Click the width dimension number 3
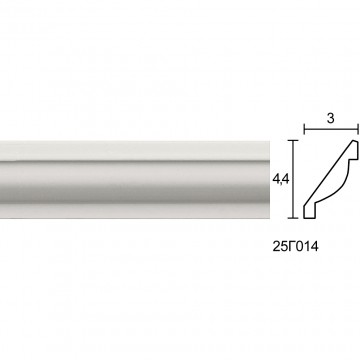click(x=330, y=118)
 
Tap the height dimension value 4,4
click(x=281, y=180)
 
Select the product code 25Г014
click(x=295, y=247)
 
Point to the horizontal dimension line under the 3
click(x=331, y=129)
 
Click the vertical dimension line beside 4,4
click(x=293, y=179)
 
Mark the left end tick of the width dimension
click(x=304, y=129)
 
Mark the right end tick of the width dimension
click(x=358, y=129)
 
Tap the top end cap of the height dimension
click(x=293, y=141)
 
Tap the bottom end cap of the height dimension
click(x=293, y=218)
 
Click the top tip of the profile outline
click(x=354, y=141)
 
